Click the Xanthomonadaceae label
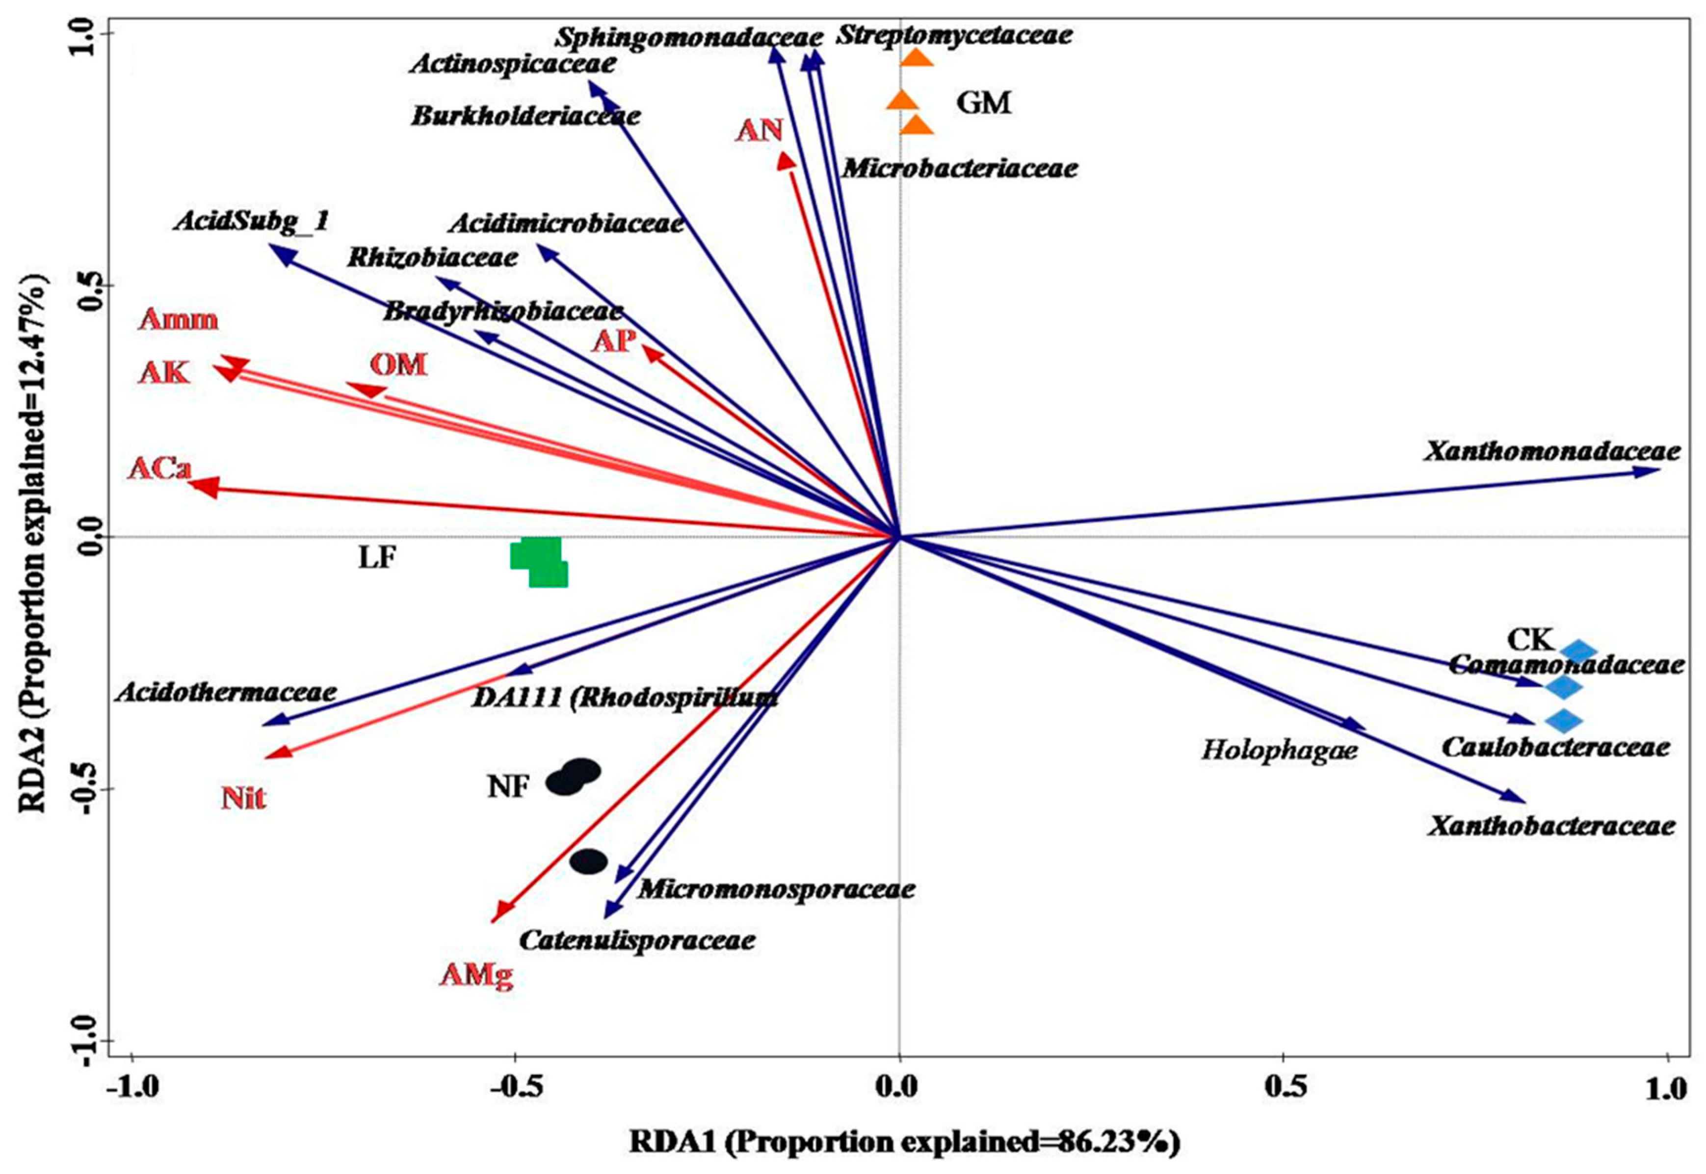pos(1551,451)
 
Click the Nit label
pos(243,798)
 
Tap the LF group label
pos(377,558)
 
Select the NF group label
pos(508,787)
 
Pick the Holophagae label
pos(1279,750)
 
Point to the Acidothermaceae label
pos(226,692)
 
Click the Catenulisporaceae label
pos(637,940)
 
